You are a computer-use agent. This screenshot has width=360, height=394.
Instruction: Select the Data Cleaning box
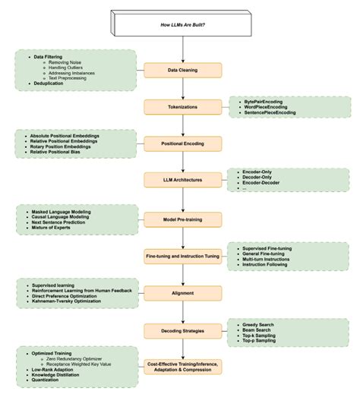pos(183,71)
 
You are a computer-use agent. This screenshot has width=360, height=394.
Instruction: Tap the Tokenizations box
pos(183,107)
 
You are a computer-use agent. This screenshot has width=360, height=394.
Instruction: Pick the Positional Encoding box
pos(183,143)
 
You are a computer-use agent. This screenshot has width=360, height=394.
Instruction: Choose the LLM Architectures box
pos(183,180)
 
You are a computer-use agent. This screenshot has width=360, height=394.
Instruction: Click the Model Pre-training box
pos(183,219)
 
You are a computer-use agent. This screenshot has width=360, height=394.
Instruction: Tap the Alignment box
pos(183,292)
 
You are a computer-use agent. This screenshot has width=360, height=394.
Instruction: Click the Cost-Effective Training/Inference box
pos(183,366)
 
